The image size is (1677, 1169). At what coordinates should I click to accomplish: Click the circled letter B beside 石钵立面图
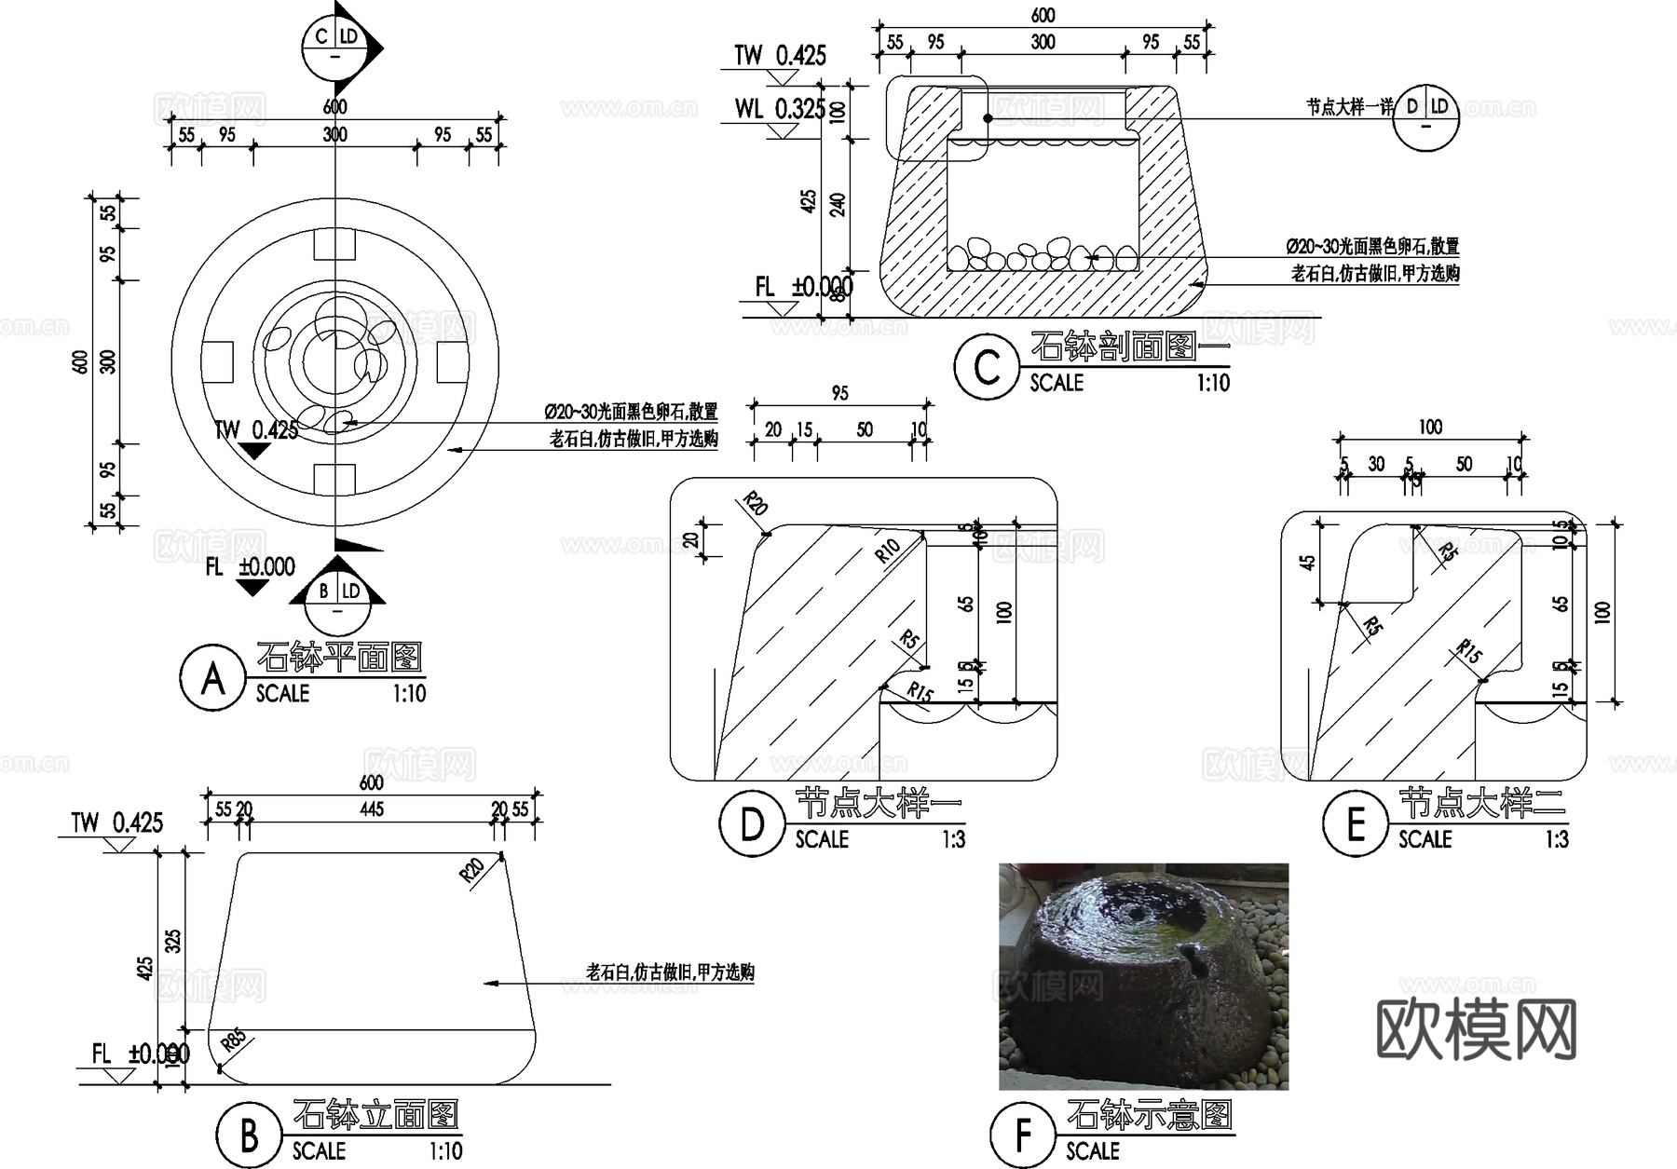tap(249, 1135)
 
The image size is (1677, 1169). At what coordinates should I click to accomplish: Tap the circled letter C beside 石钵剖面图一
tap(987, 367)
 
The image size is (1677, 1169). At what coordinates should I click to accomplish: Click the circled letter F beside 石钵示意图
tap(1022, 1135)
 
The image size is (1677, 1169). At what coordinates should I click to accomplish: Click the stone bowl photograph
tap(1143, 975)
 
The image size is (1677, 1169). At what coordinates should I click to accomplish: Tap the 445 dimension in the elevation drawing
tap(372, 809)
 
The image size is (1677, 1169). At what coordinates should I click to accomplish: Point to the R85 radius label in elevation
tap(233, 1040)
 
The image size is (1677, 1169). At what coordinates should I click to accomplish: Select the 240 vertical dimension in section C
tap(837, 205)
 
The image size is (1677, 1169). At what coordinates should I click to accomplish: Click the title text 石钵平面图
tap(339, 657)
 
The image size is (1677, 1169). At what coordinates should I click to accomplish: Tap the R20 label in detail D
tap(756, 505)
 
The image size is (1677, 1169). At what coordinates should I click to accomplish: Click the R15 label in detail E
tap(1469, 651)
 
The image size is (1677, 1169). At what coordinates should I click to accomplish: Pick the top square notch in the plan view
tap(334, 244)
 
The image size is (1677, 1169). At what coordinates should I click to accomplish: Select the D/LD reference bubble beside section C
tap(1426, 117)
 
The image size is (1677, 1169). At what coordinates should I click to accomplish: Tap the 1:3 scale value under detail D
tap(952, 839)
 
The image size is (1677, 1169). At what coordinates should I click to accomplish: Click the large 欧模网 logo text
tap(1476, 1028)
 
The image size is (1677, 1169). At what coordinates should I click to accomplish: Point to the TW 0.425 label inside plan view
tap(256, 429)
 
